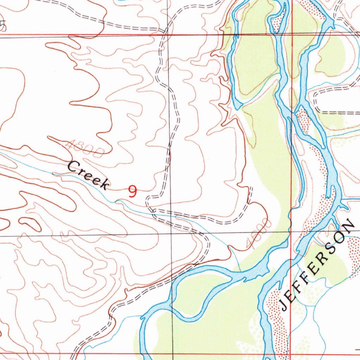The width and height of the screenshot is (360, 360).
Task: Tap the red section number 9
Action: click(133, 191)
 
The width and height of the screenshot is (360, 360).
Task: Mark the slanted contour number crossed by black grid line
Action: click(259, 234)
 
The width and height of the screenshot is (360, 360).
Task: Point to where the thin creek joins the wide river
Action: click(240, 271)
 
